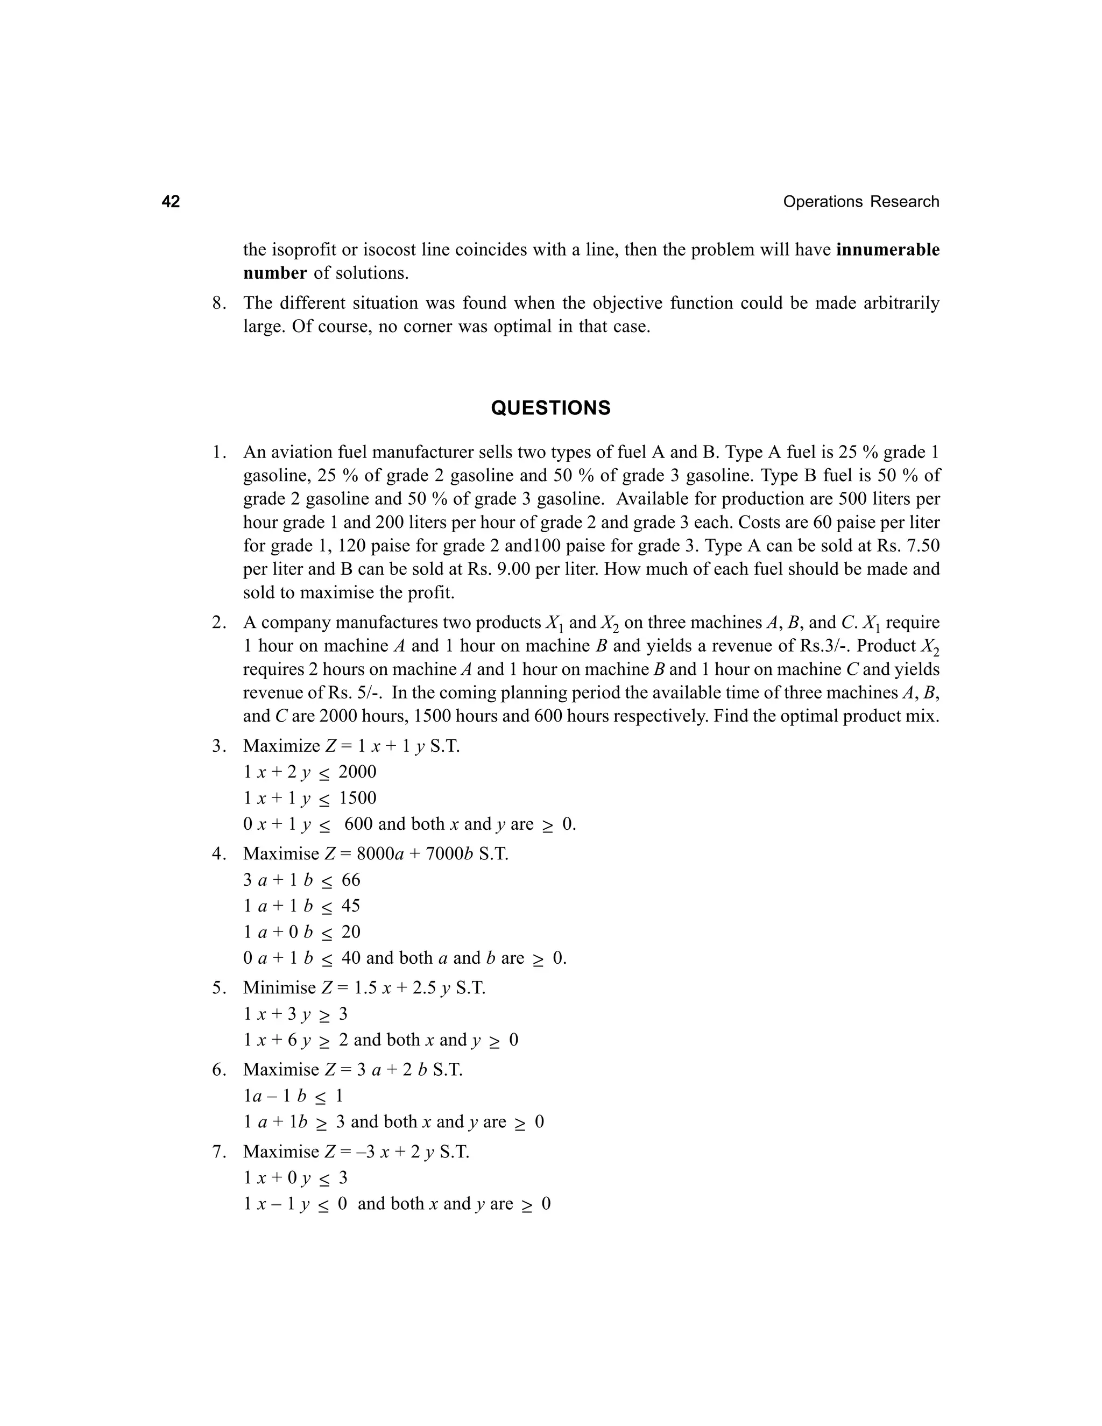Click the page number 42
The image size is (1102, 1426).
(171, 202)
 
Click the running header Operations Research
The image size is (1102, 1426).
(860, 202)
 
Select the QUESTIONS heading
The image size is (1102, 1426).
(550, 408)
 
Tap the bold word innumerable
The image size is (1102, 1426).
(887, 250)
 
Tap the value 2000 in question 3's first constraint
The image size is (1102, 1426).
(357, 772)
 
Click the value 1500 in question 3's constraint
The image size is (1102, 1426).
(357, 798)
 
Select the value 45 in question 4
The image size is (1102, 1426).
(351, 906)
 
